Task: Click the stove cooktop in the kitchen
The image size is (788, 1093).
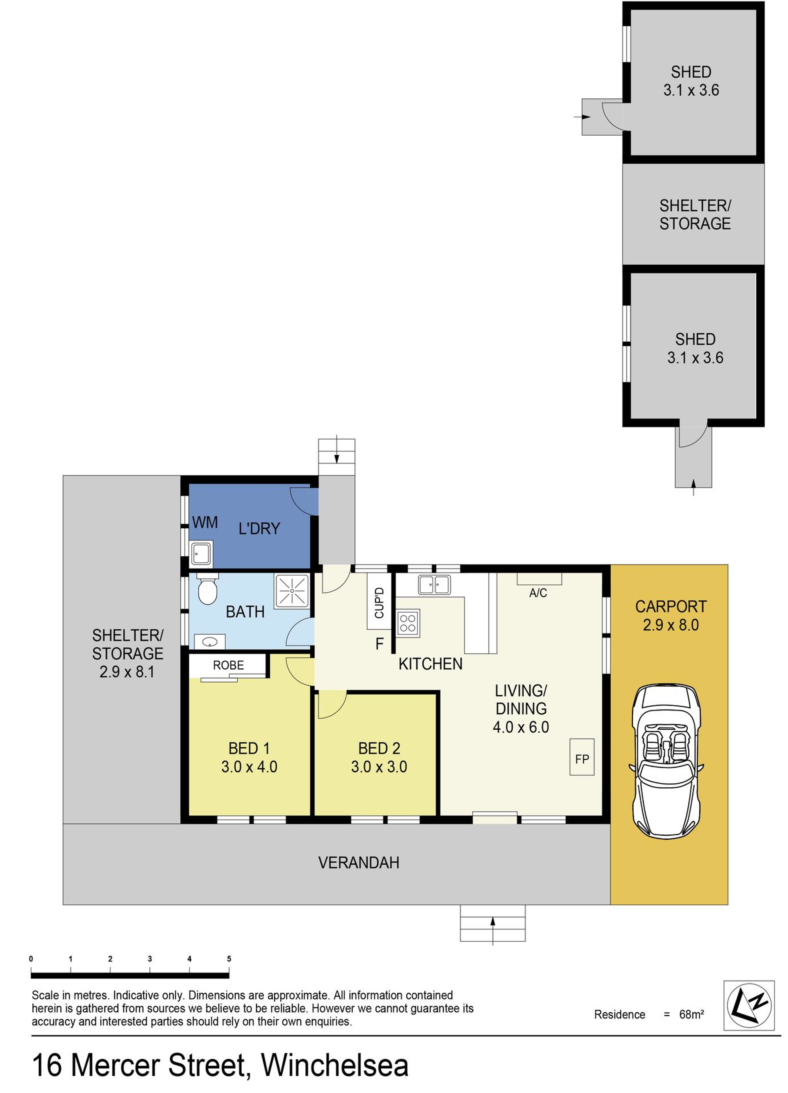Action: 408,623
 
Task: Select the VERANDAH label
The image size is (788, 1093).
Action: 359,862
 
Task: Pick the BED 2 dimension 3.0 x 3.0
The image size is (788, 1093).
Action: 379,766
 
